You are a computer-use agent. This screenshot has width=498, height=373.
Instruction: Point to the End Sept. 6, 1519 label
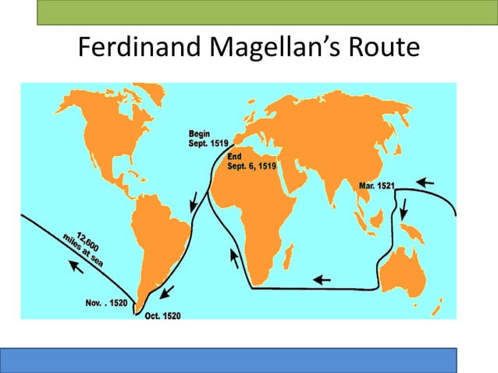point(251,161)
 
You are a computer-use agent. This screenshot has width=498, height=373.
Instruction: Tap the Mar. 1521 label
point(378,186)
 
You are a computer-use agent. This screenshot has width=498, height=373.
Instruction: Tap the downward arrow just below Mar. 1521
point(404,208)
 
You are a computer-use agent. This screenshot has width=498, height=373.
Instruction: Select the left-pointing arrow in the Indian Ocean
point(321,277)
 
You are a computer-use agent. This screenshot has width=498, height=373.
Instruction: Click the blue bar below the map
point(238,360)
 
